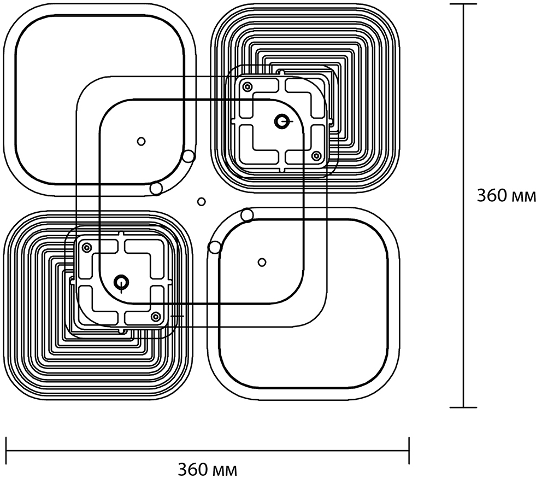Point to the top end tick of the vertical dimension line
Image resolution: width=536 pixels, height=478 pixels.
click(463, 5)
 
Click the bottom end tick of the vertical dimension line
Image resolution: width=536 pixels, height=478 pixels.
click(463, 407)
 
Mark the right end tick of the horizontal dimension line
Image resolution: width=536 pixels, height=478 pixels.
click(409, 444)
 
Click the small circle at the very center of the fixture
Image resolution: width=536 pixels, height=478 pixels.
click(202, 202)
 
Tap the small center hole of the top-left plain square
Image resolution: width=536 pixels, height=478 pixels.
click(142, 141)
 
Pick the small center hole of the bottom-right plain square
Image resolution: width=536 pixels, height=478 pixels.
click(262, 262)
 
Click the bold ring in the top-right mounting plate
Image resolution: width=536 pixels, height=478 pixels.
click(282, 121)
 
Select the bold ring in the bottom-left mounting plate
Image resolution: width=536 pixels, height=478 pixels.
click(121, 282)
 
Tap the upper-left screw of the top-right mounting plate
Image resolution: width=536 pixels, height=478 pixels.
click(247, 86)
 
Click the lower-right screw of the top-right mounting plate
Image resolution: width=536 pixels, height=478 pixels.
click(316, 156)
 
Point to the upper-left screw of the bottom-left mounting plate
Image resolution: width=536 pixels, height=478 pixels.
click(86, 247)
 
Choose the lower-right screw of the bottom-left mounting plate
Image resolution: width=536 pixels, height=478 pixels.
click(156, 316)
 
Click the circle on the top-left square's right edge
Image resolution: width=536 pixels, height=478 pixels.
click(189, 156)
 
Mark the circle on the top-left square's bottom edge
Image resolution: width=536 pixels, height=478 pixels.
click(156, 189)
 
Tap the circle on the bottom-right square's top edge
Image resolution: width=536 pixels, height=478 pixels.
click(247, 215)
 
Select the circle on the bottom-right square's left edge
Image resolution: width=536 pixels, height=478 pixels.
click(215, 247)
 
